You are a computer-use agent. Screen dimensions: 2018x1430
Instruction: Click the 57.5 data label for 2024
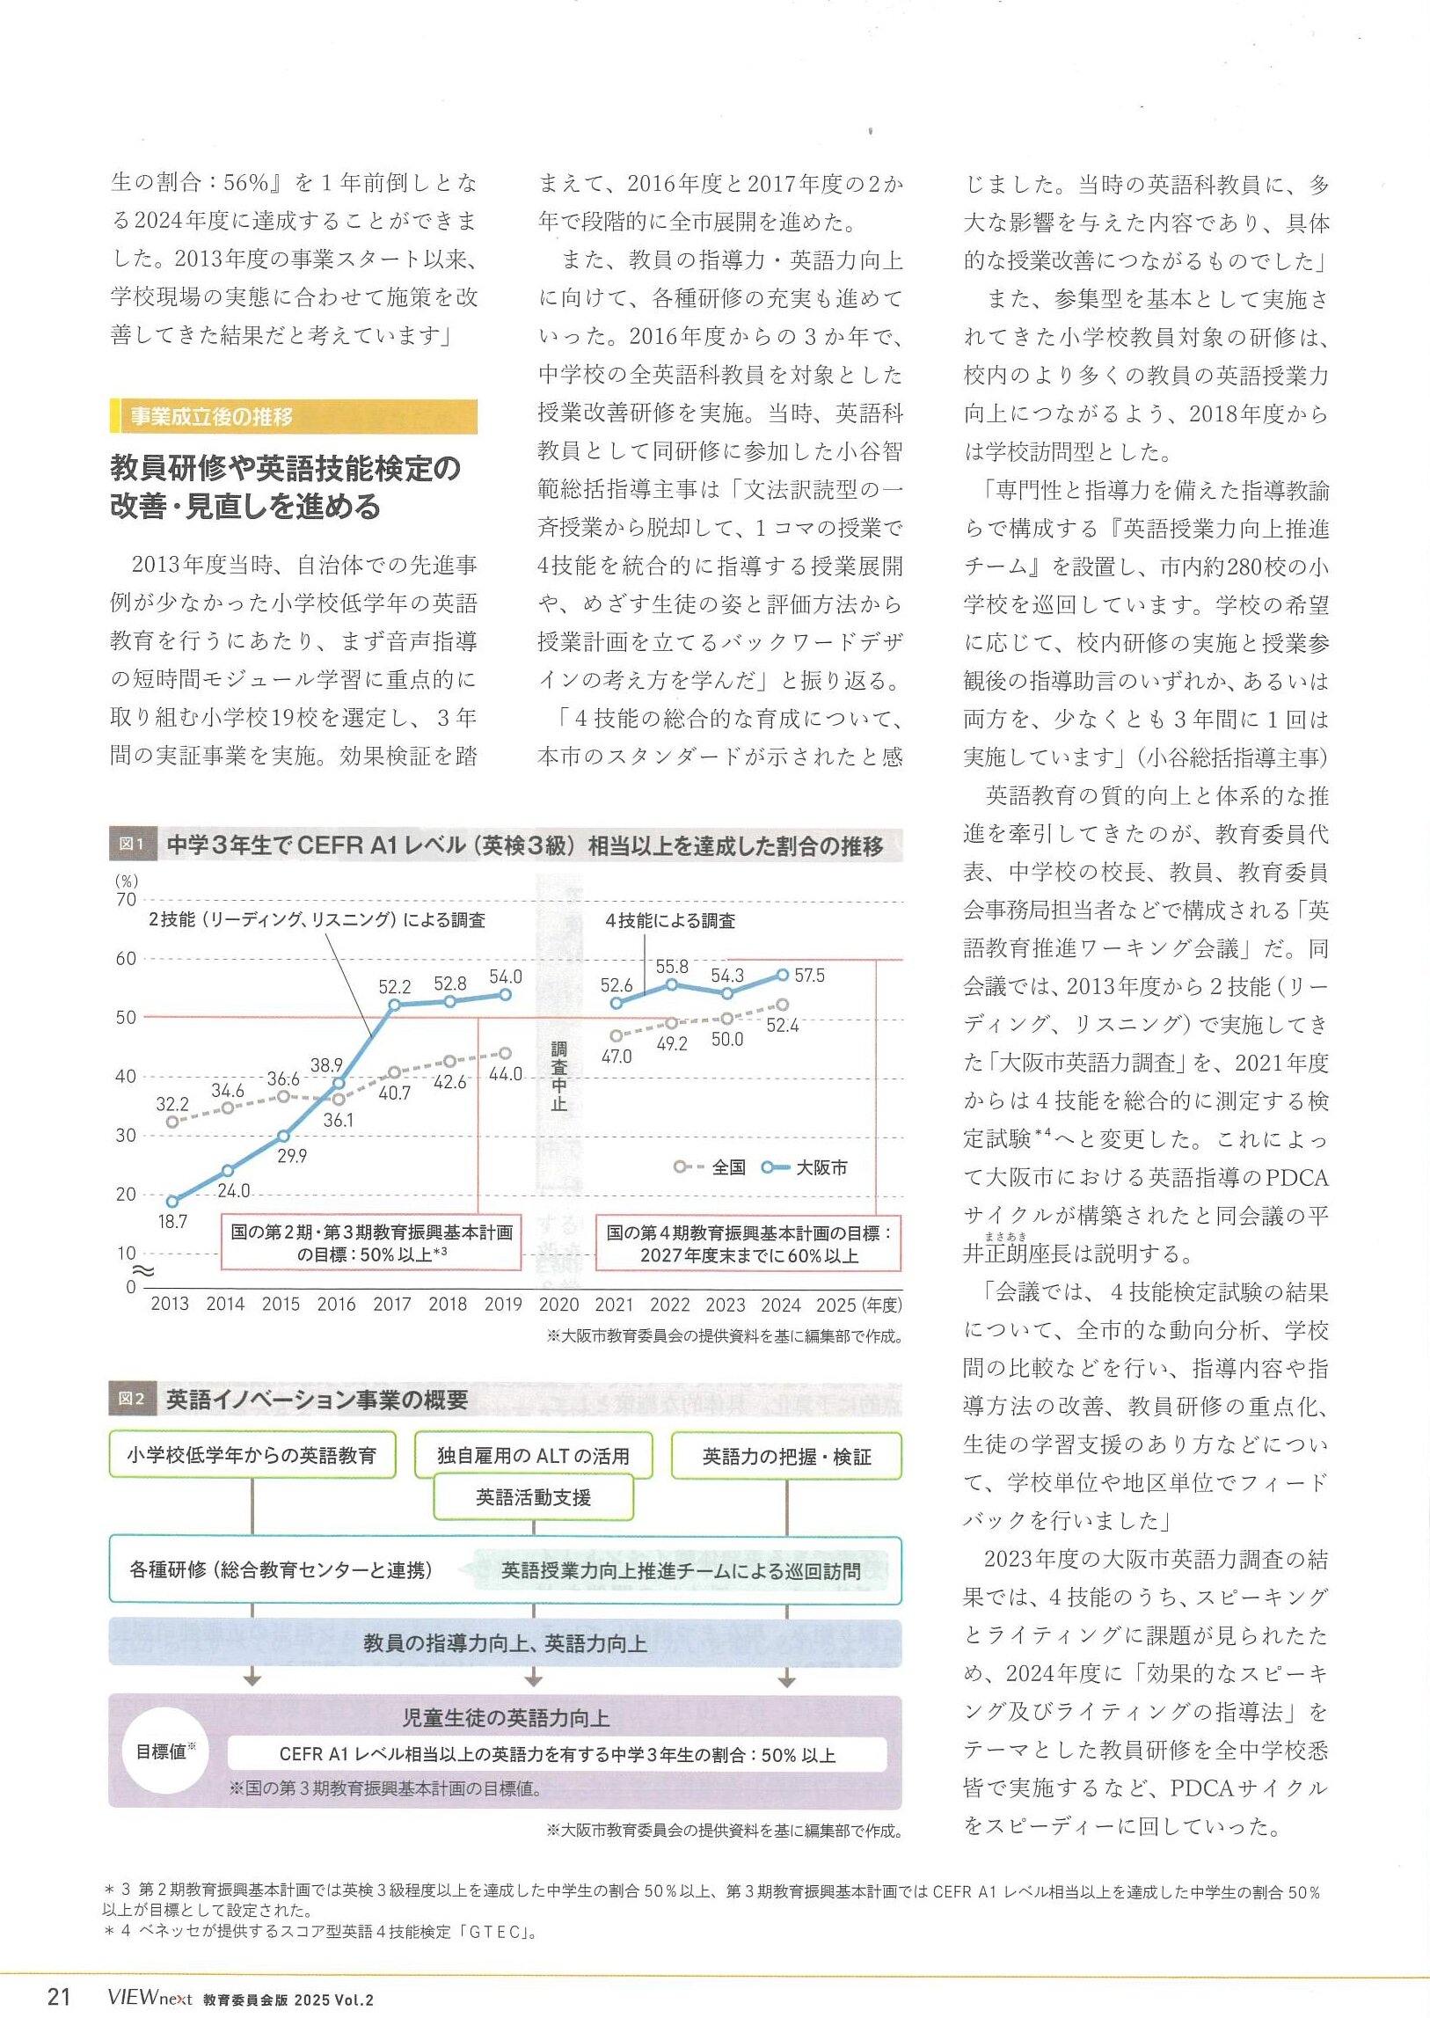809,976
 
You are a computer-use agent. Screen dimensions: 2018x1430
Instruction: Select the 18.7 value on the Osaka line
172,1222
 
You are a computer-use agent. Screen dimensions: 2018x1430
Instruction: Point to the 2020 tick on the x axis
558,1305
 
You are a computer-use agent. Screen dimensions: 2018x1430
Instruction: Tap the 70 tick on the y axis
126,899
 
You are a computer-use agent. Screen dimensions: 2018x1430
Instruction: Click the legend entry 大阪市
821,1167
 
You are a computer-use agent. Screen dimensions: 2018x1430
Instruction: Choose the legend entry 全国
728,1167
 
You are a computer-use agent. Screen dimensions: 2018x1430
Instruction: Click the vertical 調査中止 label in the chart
559,1076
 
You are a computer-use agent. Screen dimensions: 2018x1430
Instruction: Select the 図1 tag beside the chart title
131,844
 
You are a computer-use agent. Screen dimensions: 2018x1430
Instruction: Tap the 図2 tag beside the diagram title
131,1399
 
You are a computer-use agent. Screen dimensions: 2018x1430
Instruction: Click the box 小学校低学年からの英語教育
252,1455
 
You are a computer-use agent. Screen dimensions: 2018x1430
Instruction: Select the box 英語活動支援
533,1497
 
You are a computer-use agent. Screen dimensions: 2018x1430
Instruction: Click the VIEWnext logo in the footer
149,1997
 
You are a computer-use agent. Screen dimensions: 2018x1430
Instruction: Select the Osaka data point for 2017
395,1004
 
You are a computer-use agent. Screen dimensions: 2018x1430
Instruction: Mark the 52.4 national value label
782,1026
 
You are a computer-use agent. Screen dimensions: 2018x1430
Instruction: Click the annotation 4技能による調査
670,920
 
